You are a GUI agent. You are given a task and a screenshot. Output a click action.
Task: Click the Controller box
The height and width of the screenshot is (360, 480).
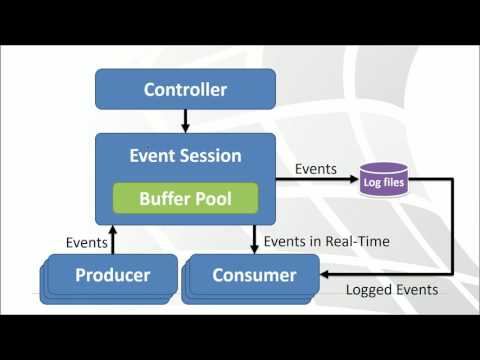185,90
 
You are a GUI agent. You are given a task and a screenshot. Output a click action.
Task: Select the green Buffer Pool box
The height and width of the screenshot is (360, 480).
185,198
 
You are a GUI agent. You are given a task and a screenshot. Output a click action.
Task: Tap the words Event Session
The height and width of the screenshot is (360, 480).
185,155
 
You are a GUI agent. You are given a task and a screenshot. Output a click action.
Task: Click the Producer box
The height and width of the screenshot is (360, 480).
113,274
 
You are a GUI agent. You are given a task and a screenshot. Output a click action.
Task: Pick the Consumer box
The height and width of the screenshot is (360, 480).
253,274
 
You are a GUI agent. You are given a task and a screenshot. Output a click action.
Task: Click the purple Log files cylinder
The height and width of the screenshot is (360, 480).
384,182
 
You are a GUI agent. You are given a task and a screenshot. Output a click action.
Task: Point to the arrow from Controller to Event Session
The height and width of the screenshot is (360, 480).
185,121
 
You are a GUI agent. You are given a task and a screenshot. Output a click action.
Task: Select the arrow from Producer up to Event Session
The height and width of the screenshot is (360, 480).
113,239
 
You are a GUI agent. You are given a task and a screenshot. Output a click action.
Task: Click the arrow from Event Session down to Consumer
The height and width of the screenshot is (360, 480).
253,239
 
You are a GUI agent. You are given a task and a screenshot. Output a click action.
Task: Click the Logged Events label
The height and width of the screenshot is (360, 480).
390,291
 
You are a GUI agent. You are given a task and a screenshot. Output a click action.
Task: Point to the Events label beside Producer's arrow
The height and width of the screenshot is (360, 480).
86,242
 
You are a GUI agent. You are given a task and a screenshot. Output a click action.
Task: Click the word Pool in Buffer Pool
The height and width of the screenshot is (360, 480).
212,198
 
